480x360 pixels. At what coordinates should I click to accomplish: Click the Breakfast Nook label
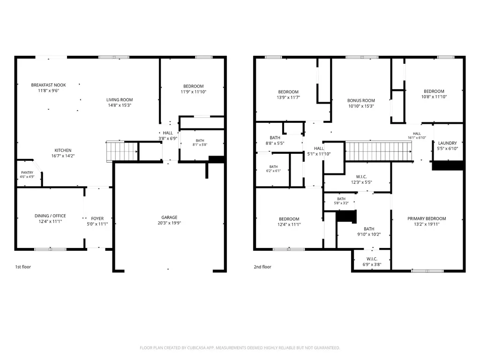[48, 85]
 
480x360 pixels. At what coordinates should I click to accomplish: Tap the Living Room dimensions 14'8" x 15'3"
[120, 105]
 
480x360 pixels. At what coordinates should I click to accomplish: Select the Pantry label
[27, 172]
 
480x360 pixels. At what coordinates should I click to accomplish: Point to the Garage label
[169, 217]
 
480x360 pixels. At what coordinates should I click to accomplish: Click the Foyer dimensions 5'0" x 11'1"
[97, 224]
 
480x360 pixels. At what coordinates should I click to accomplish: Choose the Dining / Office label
[50, 216]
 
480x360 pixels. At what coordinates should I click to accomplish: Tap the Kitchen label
[63, 150]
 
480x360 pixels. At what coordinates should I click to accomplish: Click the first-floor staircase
[122, 151]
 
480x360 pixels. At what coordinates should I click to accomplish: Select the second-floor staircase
[379, 151]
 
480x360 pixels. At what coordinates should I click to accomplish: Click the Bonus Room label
[361, 100]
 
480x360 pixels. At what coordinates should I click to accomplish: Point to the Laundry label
[448, 143]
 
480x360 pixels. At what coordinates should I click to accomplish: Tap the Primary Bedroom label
[427, 218]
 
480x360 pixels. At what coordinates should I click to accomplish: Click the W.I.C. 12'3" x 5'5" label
[361, 180]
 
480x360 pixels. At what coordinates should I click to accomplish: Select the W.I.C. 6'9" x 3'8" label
[372, 262]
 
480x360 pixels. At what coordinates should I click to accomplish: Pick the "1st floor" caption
[23, 267]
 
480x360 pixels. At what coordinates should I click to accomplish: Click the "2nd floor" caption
[262, 267]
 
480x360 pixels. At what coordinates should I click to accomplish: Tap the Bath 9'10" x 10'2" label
[369, 232]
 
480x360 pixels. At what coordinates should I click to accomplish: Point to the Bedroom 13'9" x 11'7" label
[288, 95]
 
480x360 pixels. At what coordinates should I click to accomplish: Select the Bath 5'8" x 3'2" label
[341, 201]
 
